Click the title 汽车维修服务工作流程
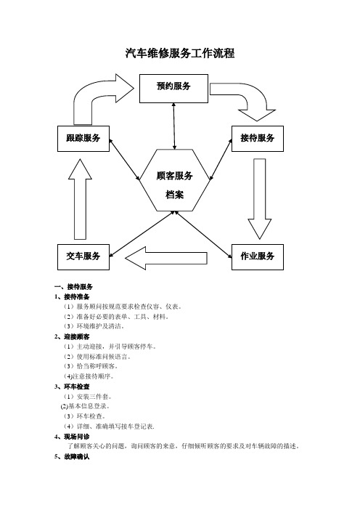pos(180,53)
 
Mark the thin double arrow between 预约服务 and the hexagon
pos(174,126)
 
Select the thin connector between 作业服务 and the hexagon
pos(204,235)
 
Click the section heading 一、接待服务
pos(74,286)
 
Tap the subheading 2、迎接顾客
pos(72,336)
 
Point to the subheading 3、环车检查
pos(72,386)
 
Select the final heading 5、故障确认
pos(72,457)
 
